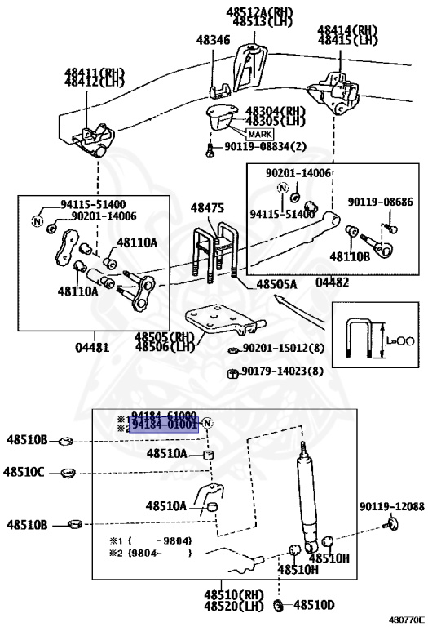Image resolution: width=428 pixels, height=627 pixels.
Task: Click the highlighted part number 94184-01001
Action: pos(163,425)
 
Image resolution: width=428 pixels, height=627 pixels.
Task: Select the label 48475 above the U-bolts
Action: pos(207,209)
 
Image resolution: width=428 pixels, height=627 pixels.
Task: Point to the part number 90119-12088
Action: pos(391,506)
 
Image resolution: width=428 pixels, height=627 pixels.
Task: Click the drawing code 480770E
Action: pos(404,620)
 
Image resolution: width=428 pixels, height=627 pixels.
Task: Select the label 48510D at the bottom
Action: pos(313,606)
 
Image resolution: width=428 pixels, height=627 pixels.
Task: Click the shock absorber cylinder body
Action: pos(308,498)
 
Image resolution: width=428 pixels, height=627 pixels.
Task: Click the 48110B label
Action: pos(350,256)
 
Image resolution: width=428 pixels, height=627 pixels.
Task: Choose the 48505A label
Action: pos(277,285)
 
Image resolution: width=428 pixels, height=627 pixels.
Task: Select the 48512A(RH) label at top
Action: pos(259,11)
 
